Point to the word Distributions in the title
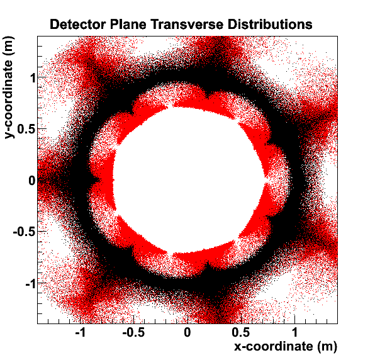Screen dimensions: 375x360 pyautogui.click(x=270, y=25)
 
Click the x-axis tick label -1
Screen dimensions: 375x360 pyautogui.click(x=81, y=332)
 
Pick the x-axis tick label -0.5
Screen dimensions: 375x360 pyautogui.click(x=133, y=332)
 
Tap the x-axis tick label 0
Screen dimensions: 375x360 pyautogui.click(x=187, y=332)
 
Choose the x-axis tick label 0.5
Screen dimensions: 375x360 pyautogui.click(x=241, y=332)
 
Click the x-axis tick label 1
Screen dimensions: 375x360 pyautogui.click(x=294, y=332)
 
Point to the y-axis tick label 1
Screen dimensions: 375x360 pyautogui.click(x=33, y=78)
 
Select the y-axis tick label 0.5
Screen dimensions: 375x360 pyautogui.click(x=26, y=129)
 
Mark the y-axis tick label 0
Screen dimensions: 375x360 pyautogui.click(x=32, y=181)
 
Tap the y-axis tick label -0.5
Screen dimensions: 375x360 pyautogui.click(x=25, y=232)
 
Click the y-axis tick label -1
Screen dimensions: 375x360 pyautogui.click(x=31, y=284)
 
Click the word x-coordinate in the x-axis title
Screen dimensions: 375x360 pyautogui.click(x=273, y=346)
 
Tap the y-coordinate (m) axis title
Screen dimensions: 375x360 pyautogui.click(x=9, y=87)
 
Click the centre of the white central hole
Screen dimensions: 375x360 pyautogui.click(x=189, y=180)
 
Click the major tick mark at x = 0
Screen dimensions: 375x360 pyautogui.click(x=187, y=320)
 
